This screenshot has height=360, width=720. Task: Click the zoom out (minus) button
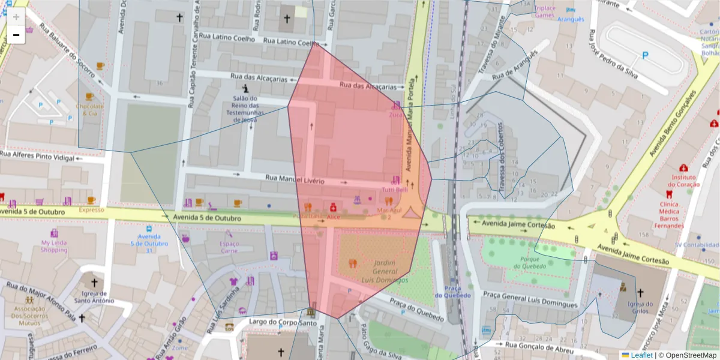tap(16, 35)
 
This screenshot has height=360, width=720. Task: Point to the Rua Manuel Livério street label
tap(295, 179)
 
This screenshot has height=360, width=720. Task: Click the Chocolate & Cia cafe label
tap(89, 110)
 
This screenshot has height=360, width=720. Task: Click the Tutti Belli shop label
tap(395, 190)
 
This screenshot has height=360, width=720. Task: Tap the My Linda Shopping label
tap(54, 246)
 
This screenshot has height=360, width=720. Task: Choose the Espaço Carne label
tap(229, 247)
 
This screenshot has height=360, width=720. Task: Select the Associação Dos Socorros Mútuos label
tap(29, 316)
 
